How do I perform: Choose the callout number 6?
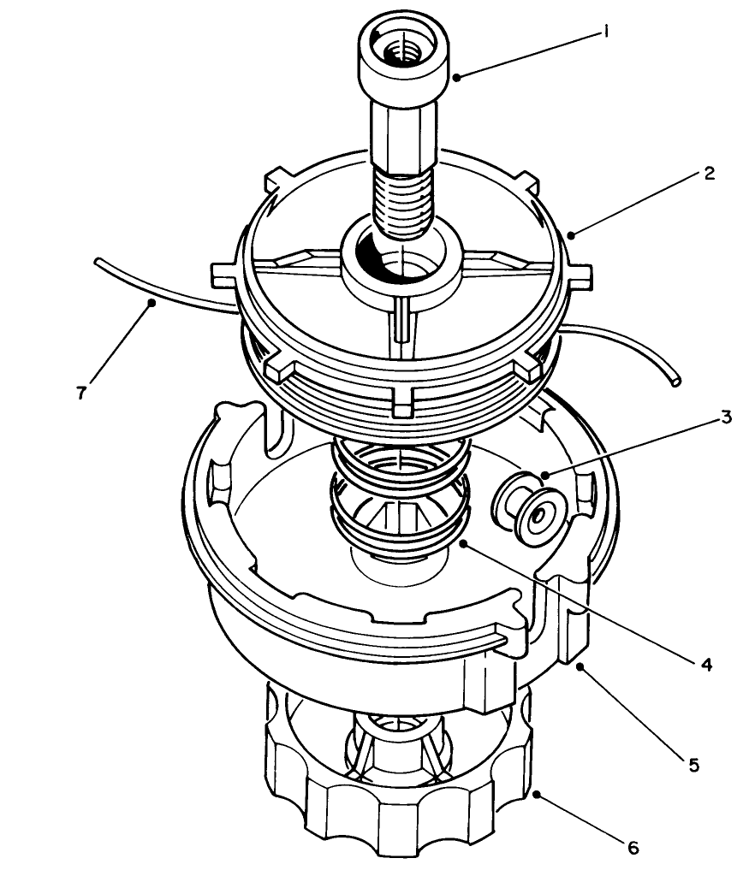pos(633,848)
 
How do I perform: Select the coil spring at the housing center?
pos(400,496)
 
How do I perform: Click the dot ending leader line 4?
pos(461,542)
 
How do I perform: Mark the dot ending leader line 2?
pos(570,232)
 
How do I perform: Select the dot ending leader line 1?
pos(457,78)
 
